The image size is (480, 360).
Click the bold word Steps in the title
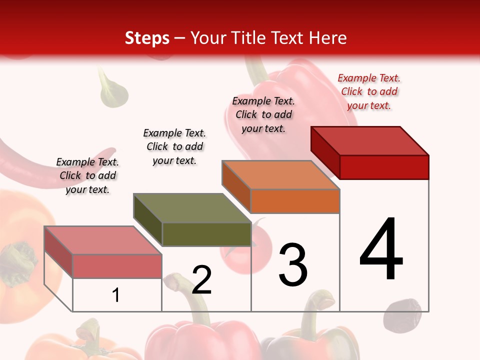tap(147, 38)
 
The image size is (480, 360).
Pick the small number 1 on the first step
tap(116, 295)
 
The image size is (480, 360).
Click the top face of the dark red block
tap(370, 141)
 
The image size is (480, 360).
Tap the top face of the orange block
tap(281, 175)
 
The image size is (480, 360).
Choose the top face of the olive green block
tap(192, 208)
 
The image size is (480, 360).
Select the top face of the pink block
tap(103, 240)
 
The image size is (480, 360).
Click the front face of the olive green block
tap(206, 234)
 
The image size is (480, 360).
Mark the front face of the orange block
tap(295, 201)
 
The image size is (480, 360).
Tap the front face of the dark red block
tap(384, 167)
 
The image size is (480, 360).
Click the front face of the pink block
tap(117, 266)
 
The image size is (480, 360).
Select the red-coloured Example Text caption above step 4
tap(369, 91)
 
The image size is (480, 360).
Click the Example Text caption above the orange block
tap(263, 114)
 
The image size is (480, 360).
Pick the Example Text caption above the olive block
tap(174, 146)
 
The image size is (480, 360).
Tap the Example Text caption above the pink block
tap(87, 175)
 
